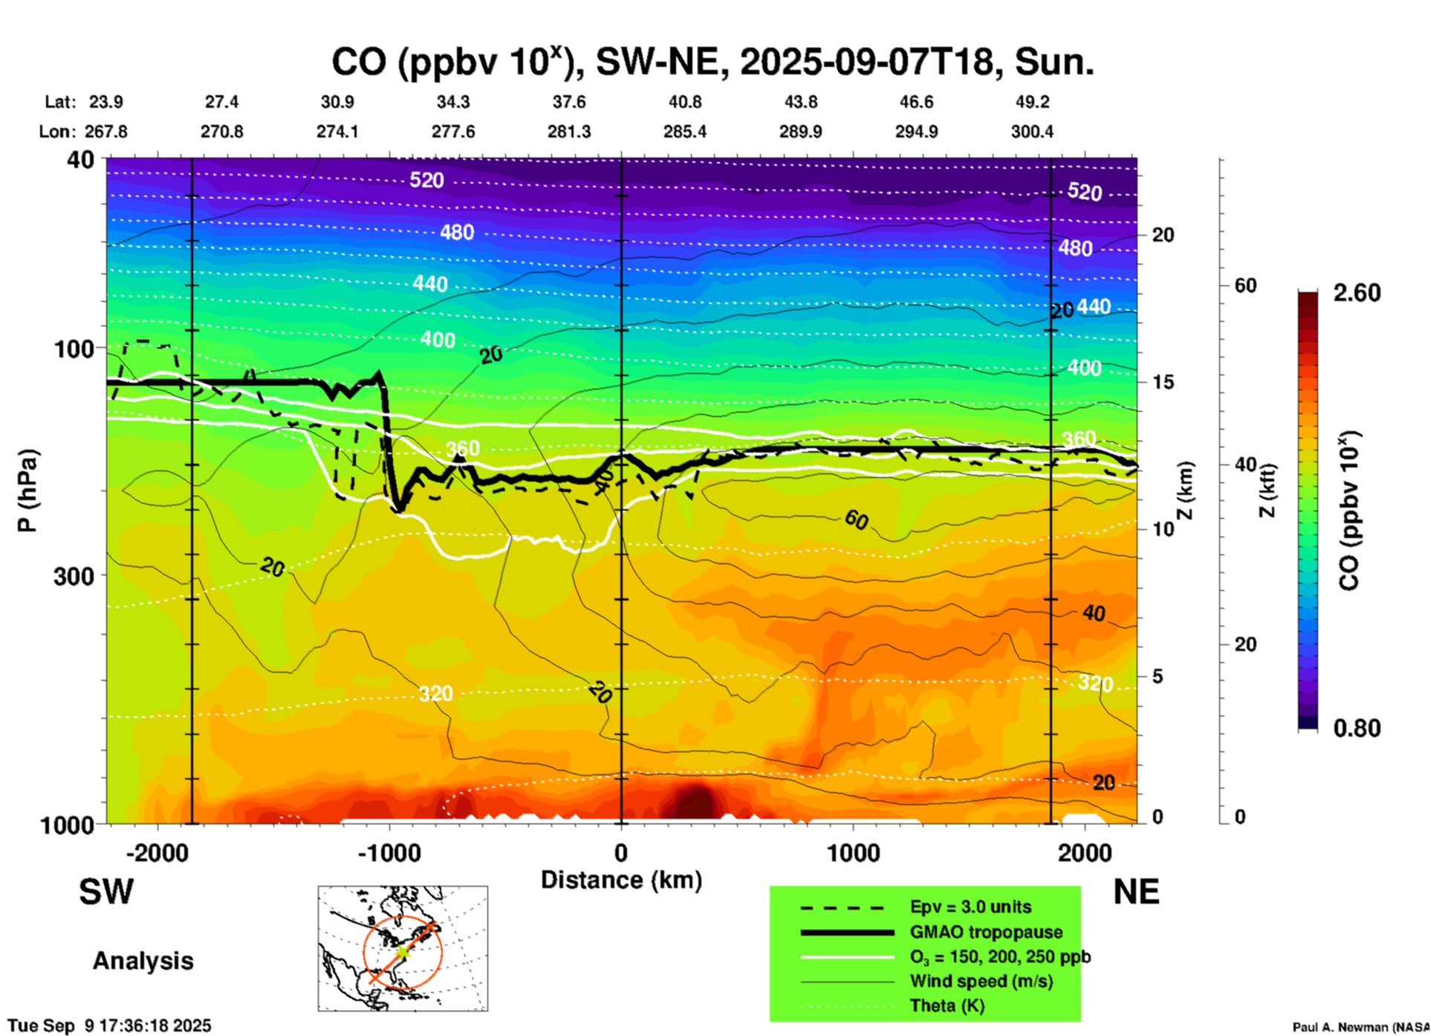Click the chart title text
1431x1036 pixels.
[712, 62]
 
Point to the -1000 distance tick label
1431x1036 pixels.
[389, 853]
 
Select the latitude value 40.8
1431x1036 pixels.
[684, 102]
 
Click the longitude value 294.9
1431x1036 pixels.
[916, 132]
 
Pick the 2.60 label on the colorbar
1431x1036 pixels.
[1357, 293]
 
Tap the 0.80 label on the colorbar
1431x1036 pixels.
[1357, 728]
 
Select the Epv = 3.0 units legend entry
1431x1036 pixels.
[970, 907]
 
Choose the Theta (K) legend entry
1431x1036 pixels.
[947, 1006]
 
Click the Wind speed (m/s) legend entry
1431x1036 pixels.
[981, 981]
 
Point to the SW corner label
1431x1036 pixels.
[106, 892]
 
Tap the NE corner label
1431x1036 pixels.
[1136, 892]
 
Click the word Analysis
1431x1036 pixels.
[143, 961]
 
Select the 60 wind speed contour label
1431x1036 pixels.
[856, 520]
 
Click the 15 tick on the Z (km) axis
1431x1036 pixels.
[1163, 382]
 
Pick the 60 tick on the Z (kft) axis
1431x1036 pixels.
[1245, 285]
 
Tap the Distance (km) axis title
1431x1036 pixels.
[621, 880]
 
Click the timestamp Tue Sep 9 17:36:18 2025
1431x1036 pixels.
[110, 1026]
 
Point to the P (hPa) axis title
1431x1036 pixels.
[27, 491]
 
